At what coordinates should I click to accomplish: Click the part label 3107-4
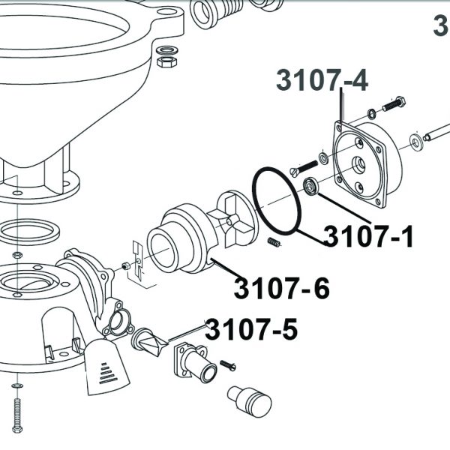pos(322,80)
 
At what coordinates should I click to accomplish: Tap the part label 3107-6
pos(282,288)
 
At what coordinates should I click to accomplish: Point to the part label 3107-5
pos(251,330)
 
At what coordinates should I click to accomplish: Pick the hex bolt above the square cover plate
pos(394,104)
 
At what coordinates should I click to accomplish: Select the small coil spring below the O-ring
pos(274,242)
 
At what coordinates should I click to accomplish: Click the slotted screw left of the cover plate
pos(304,168)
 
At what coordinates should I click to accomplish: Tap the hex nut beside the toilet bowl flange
pos(167,61)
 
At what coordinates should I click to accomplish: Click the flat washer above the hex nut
pos(168,50)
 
